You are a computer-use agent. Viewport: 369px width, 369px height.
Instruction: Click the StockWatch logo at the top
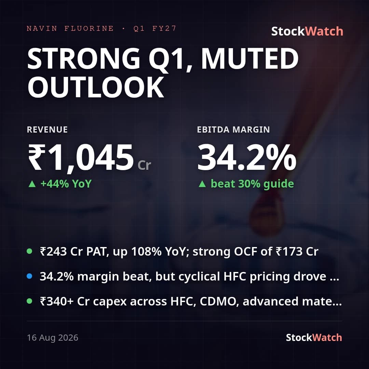coord(307,31)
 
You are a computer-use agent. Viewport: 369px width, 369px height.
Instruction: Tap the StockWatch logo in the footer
coord(314,338)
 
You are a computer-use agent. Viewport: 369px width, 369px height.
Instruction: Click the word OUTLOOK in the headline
coord(96,87)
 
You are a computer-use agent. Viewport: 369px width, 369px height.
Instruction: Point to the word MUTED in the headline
coord(250,58)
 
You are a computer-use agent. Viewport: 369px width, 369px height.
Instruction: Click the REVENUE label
coord(47,130)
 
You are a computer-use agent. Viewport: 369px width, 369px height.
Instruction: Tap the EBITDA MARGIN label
coord(233,130)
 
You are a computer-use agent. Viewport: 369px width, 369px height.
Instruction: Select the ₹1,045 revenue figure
coord(81,158)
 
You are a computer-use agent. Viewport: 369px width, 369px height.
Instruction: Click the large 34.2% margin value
coord(247,157)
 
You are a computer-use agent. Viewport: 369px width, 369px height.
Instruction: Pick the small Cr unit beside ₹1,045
coord(144,165)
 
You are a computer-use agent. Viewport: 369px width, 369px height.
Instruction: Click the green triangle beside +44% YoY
coord(32,184)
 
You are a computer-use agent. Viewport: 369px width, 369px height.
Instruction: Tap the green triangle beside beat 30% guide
coord(202,184)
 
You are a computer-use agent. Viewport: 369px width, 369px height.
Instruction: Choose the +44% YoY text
coord(66,184)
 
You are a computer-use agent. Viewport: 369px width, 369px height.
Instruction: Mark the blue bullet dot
coord(29,276)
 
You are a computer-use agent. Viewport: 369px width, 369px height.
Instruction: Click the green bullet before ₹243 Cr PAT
coord(29,251)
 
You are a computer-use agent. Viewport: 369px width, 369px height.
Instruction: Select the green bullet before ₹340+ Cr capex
coord(29,301)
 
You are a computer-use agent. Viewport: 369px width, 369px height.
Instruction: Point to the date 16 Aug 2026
coord(53,338)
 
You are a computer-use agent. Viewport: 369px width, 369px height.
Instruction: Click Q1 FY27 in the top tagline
coord(155,28)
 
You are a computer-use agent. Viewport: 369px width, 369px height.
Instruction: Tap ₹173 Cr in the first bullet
coord(297,251)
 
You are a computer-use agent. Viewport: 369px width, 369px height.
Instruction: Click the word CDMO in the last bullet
coord(218,301)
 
